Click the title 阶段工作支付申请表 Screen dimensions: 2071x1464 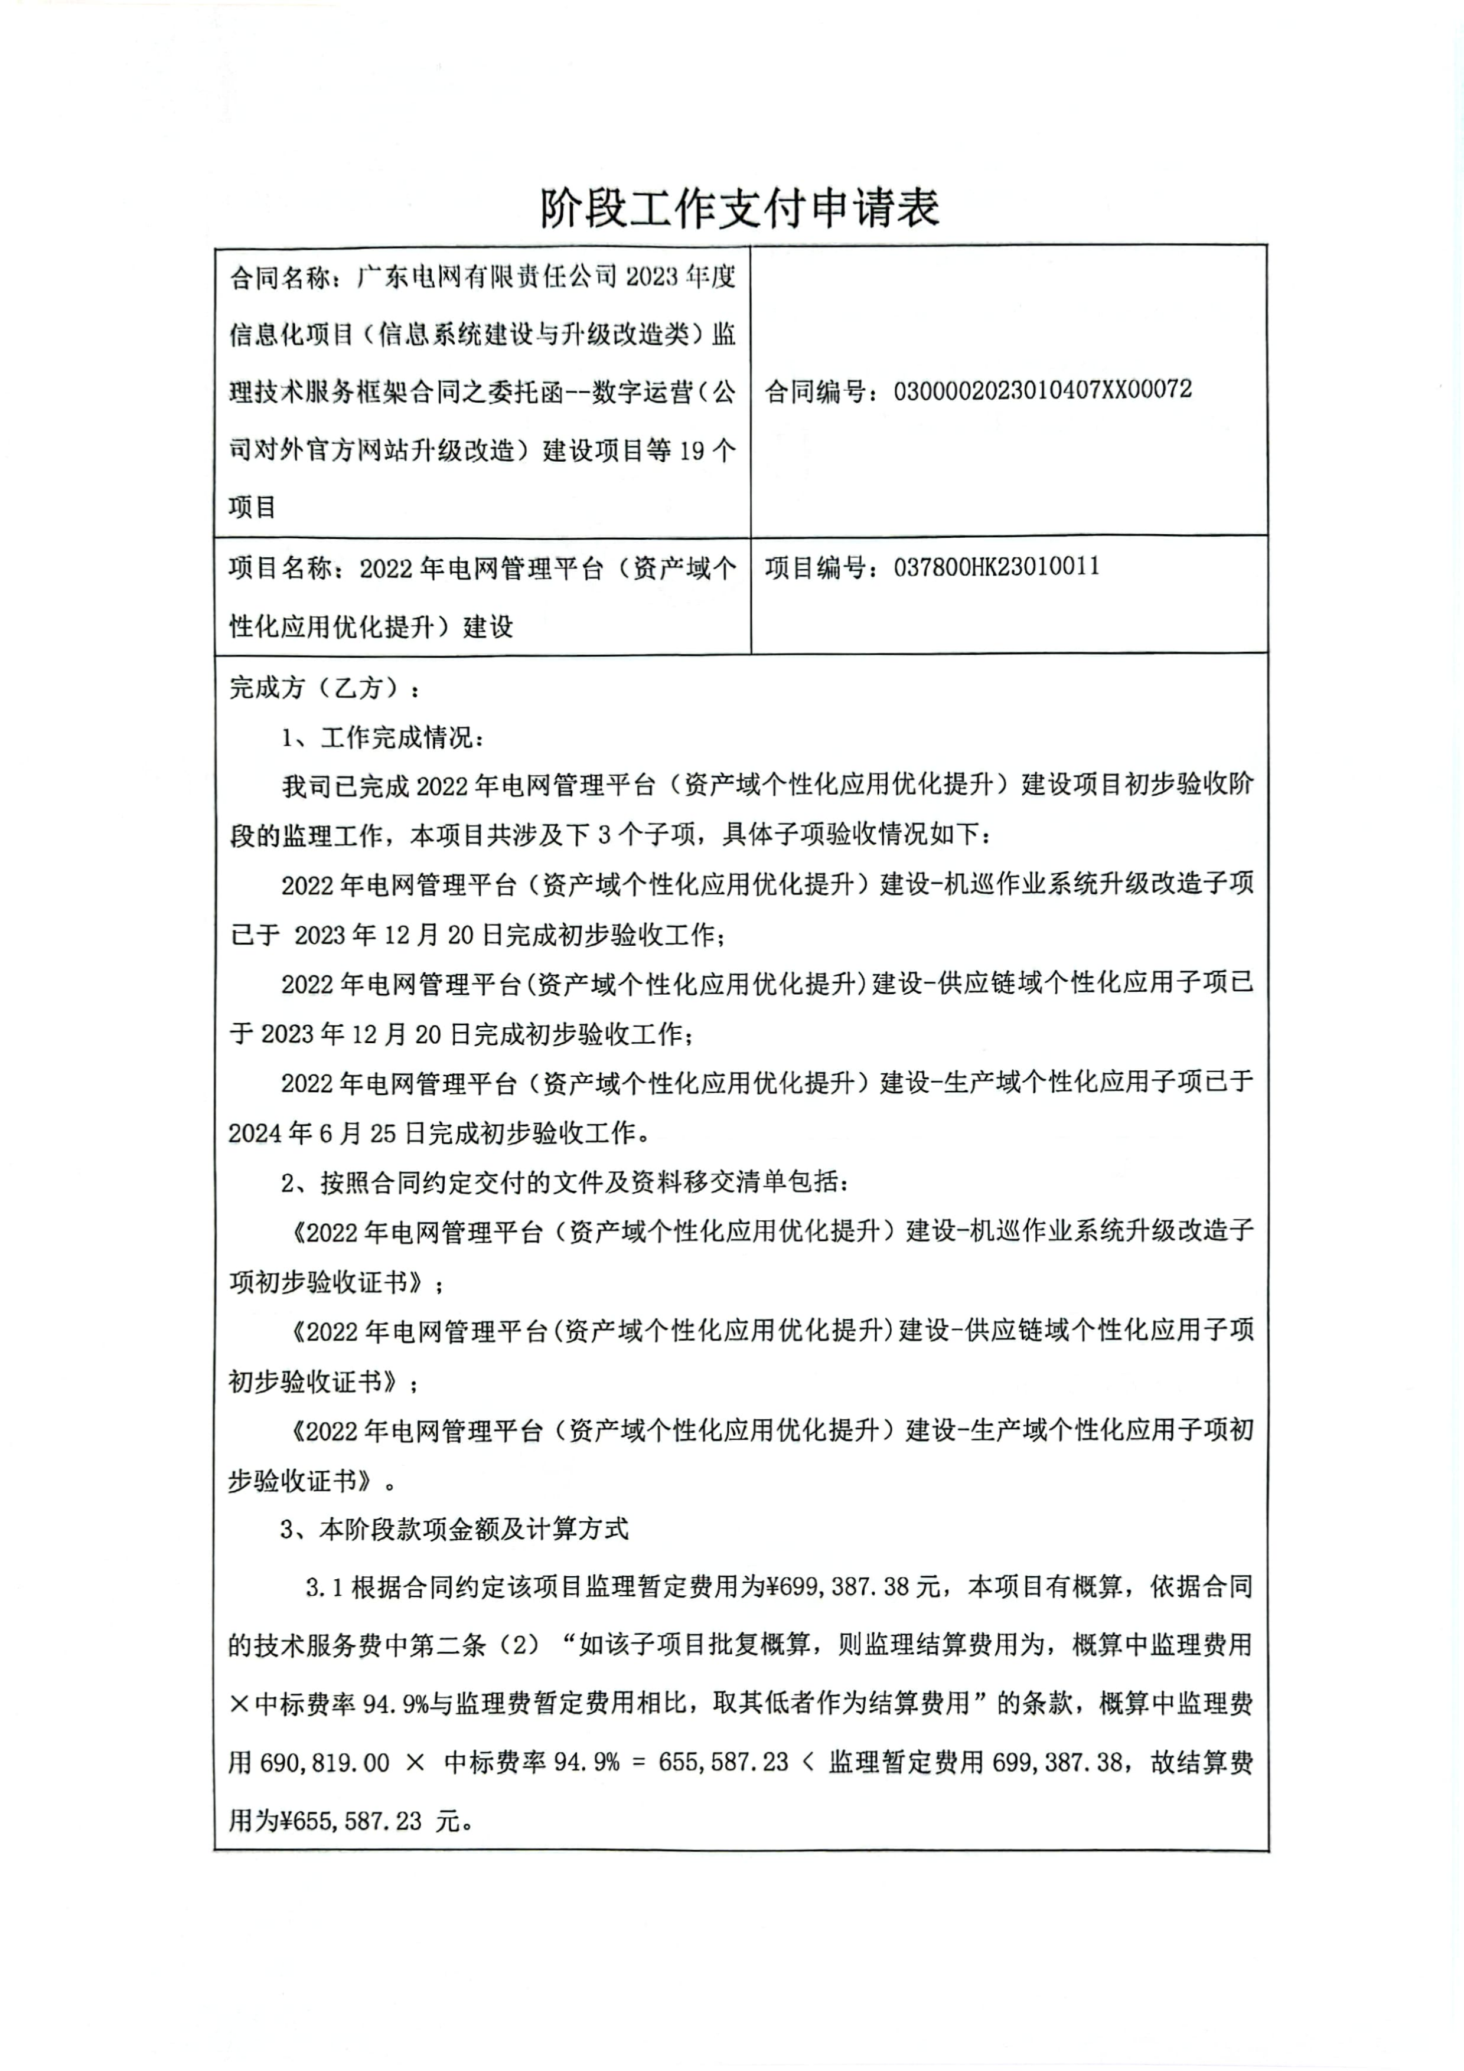pyautogui.click(x=739, y=208)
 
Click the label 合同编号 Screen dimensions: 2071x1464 pyautogui.click(x=814, y=391)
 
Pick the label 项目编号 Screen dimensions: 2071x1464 pyautogui.click(x=814, y=567)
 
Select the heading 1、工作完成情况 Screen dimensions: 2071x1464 pyautogui.click(x=383, y=738)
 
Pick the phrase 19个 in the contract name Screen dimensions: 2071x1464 pyautogui.click(x=708, y=449)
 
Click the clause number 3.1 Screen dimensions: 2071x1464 pyautogui.click(x=324, y=1587)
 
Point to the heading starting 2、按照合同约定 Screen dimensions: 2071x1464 pyautogui.click(x=564, y=1182)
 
